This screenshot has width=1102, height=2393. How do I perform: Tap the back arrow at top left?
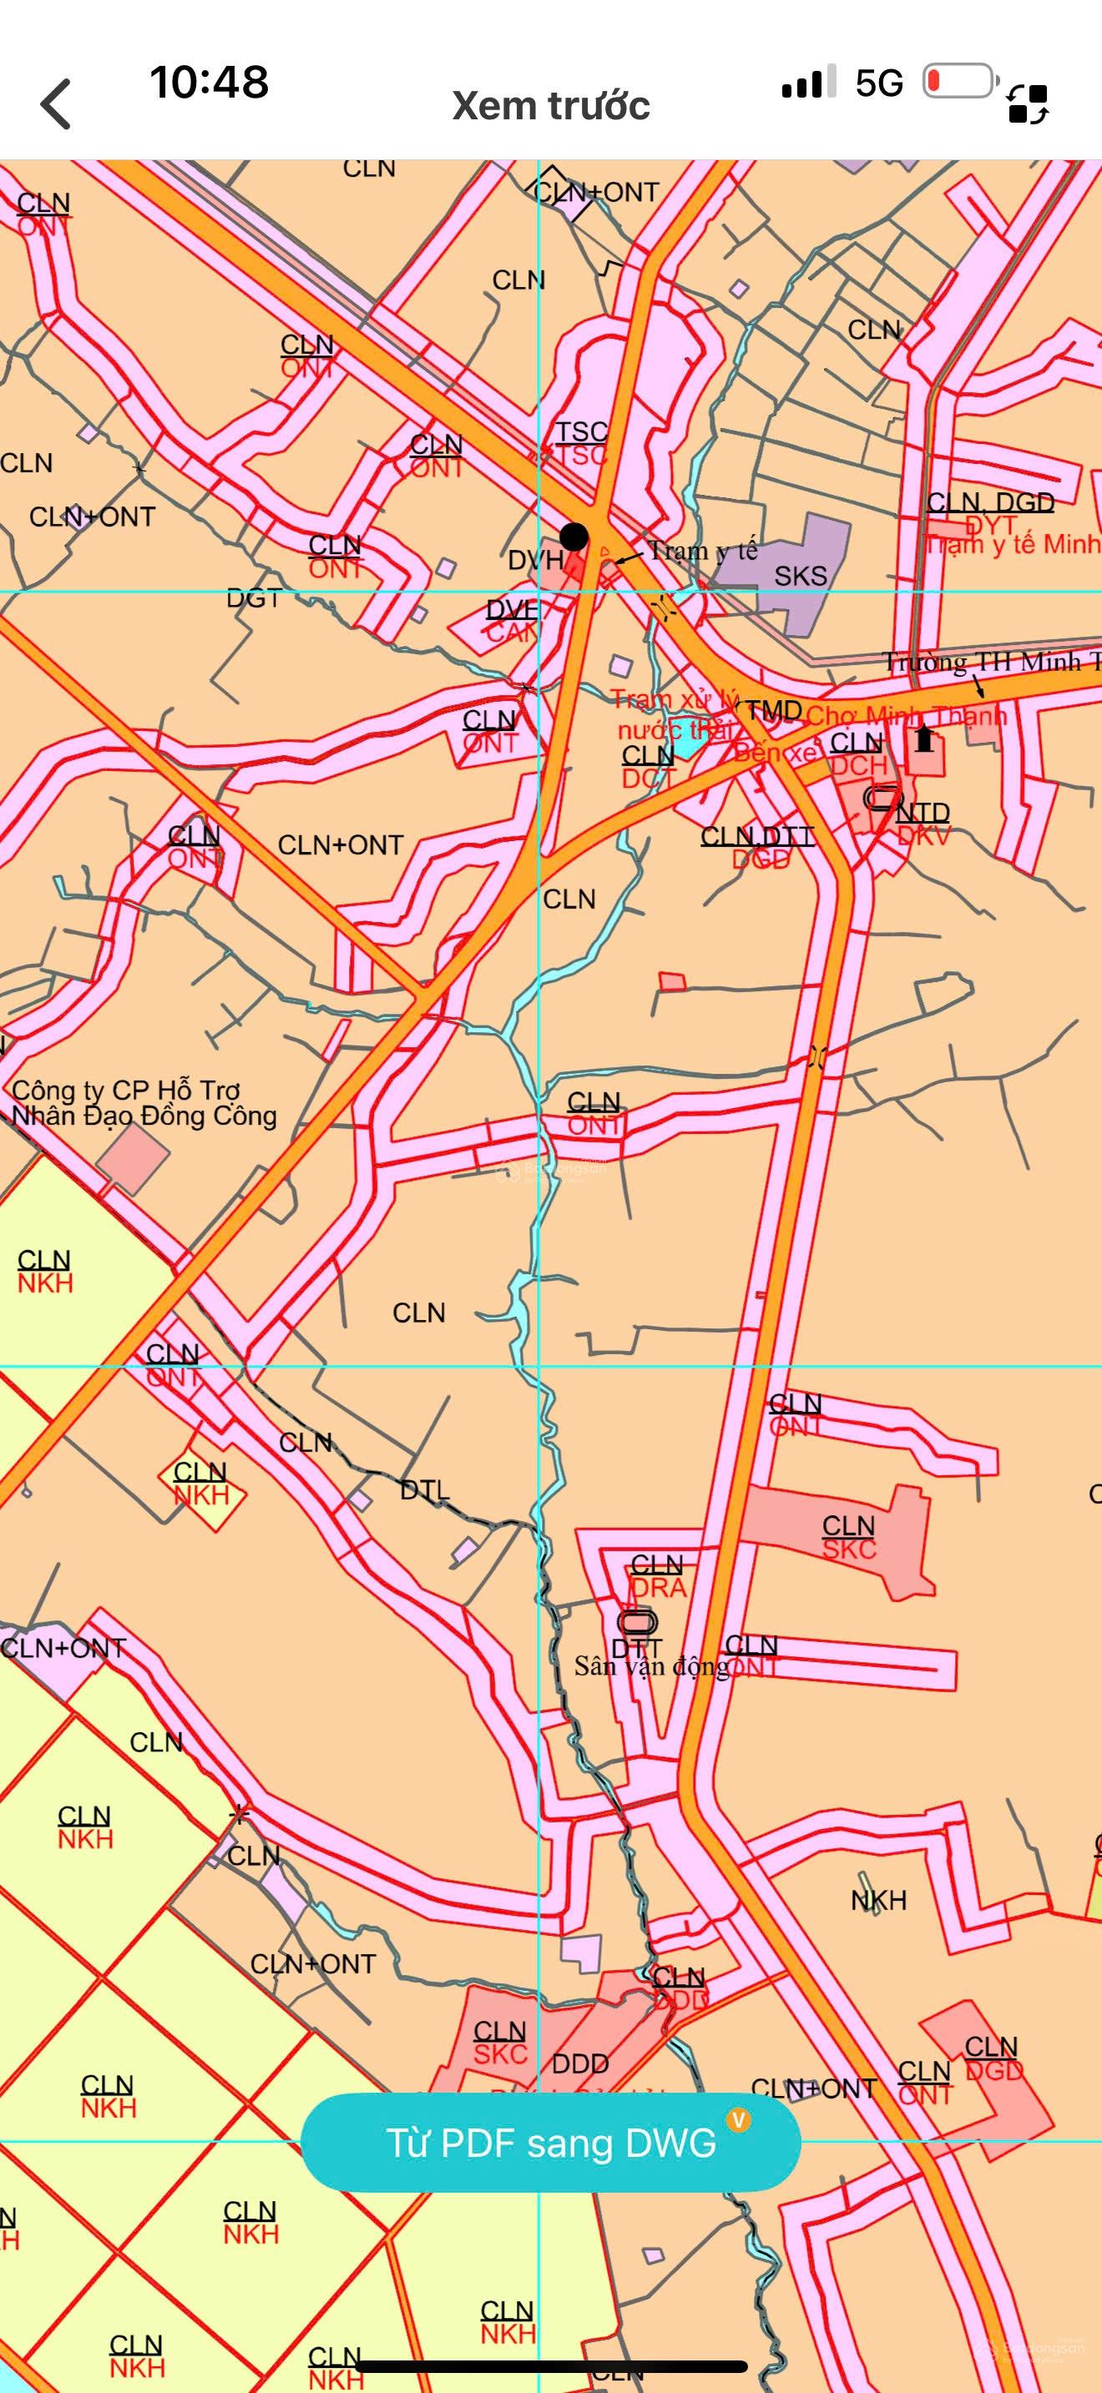(x=56, y=104)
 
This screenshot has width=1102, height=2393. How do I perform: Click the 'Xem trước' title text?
(x=550, y=106)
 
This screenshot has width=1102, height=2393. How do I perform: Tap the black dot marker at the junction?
(x=574, y=537)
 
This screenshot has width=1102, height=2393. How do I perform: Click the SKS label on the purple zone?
(x=800, y=577)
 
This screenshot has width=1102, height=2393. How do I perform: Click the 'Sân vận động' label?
(x=650, y=1666)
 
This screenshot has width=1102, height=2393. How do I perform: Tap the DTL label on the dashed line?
(x=425, y=1490)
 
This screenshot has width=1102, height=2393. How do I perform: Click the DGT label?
(x=253, y=599)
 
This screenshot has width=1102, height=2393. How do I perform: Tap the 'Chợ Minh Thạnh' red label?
(x=906, y=716)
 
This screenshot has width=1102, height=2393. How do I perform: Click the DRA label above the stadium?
(x=658, y=1588)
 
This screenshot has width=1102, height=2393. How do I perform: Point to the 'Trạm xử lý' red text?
(x=675, y=699)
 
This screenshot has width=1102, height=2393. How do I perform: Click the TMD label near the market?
(x=773, y=712)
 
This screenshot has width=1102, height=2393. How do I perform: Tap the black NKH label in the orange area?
(x=878, y=1901)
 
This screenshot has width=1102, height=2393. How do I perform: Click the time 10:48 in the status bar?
(x=209, y=83)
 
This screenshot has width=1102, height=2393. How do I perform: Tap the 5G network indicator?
(x=878, y=84)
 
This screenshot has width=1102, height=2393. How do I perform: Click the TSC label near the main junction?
(x=582, y=432)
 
